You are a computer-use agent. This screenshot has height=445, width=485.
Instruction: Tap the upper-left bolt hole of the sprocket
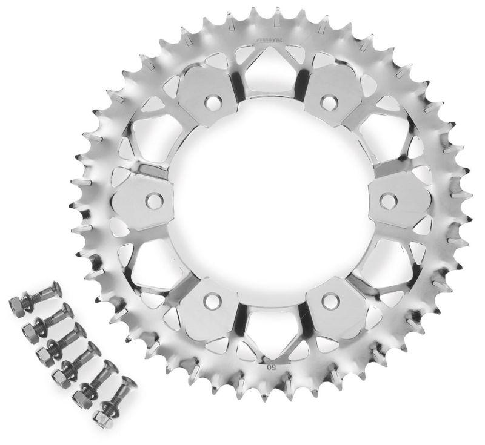coord(212,98)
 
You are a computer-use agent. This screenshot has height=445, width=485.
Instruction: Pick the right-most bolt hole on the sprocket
coord(387,198)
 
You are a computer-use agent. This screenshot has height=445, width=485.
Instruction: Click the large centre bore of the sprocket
coord(270,200)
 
